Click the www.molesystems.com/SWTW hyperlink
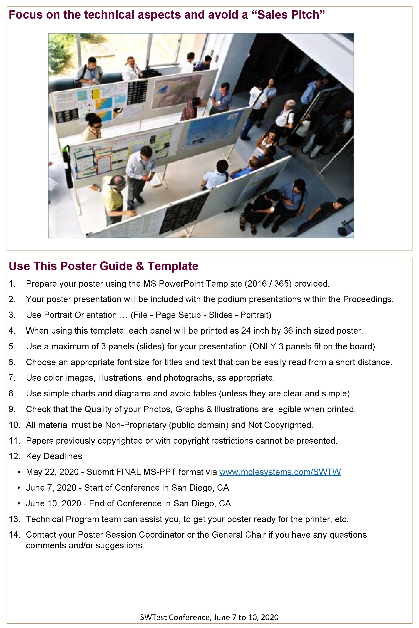[280, 472]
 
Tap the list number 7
[11, 377]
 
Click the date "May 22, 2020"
[52, 472]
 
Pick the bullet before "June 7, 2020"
[19, 487]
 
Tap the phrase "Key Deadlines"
[54, 456]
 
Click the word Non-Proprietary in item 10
[136, 425]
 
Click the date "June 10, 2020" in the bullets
[53, 503]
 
